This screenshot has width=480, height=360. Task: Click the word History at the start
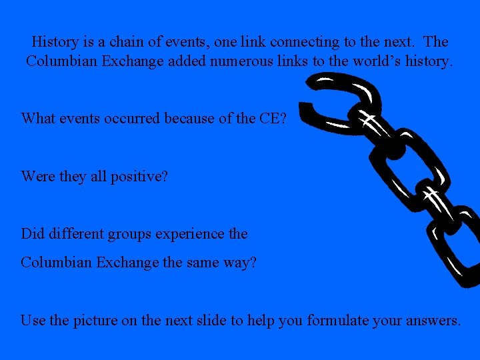click(55, 42)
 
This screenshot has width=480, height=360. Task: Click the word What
click(38, 119)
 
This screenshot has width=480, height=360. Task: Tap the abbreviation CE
click(269, 119)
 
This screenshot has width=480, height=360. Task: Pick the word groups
click(121, 235)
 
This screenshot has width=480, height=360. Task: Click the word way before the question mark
click(240, 263)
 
